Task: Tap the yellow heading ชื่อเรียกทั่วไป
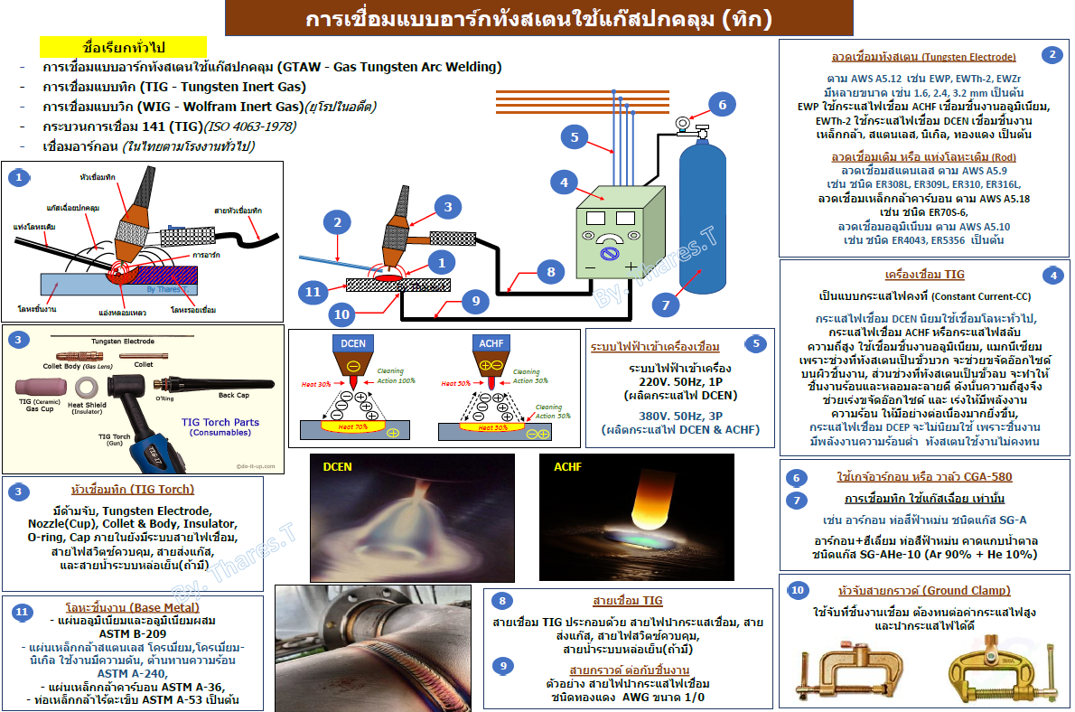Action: click(124, 47)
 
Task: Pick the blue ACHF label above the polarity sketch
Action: click(491, 342)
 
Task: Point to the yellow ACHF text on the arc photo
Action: click(568, 467)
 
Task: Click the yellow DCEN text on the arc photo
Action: click(339, 467)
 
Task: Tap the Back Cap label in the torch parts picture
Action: click(233, 395)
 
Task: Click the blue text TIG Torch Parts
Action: click(220, 422)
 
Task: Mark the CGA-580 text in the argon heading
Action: click(981, 476)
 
